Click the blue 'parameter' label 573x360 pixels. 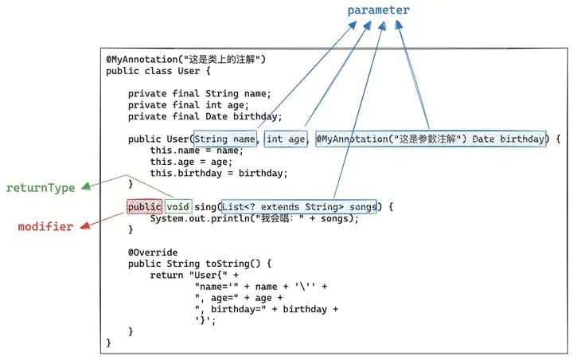(x=378, y=10)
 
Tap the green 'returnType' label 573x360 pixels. (x=41, y=188)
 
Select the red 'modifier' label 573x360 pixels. (x=45, y=227)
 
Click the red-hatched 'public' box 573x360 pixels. (x=144, y=207)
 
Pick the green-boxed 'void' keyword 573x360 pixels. (x=179, y=207)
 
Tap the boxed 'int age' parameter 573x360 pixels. (x=286, y=139)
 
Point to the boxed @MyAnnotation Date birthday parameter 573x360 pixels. (x=431, y=139)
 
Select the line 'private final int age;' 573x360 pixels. (x=189, y=104)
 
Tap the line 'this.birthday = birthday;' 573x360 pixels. (x=219, y=173)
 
